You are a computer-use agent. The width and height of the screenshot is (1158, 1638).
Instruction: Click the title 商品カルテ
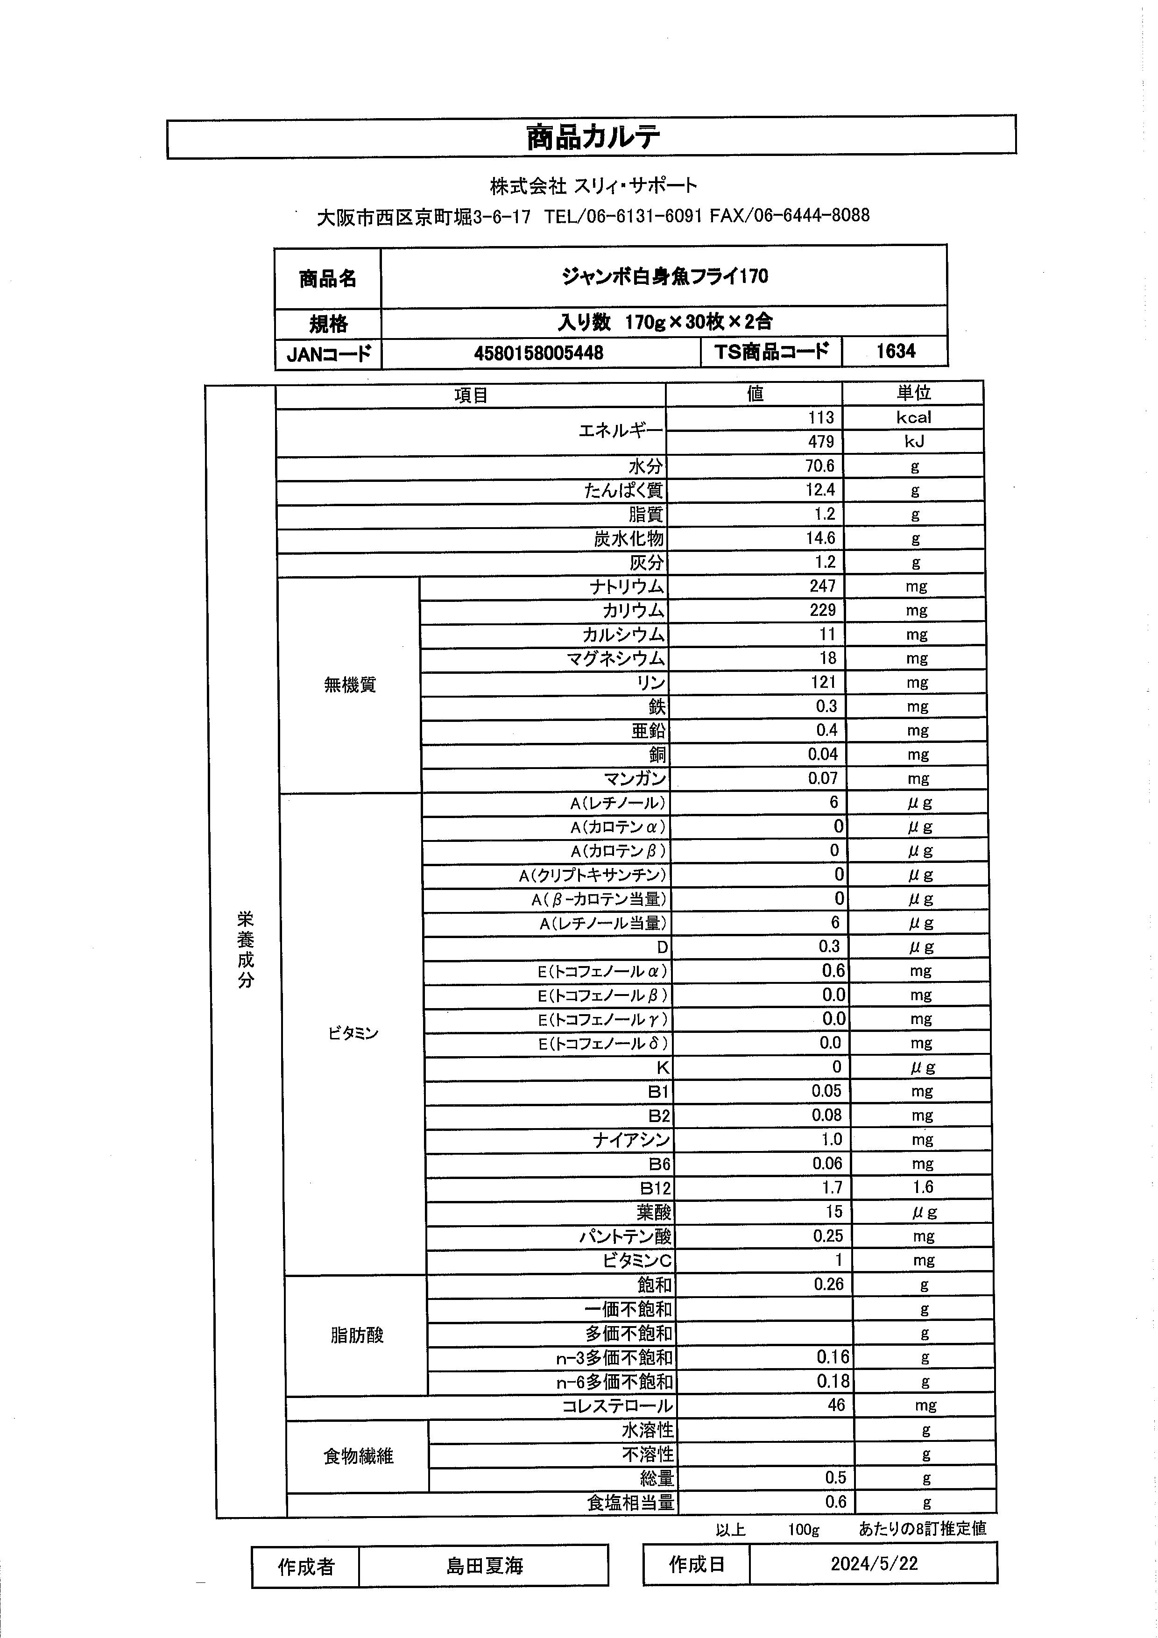pyautogui.click(x=592, y=137)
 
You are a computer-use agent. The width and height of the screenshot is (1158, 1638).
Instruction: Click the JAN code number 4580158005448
pyautogui.click(x=538, y=353)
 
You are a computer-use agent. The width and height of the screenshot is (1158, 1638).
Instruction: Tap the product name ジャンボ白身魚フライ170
pyautogui.click(x=664, y=277)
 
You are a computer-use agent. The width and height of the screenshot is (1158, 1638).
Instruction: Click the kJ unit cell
pyautogui.click(x=913, y=442)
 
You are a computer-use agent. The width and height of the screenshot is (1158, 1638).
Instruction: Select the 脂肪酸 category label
pyautogui.click(x=357, y=1335)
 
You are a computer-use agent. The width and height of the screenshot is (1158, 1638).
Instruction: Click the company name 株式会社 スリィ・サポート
pyautogui.click(x=593, y=186)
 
